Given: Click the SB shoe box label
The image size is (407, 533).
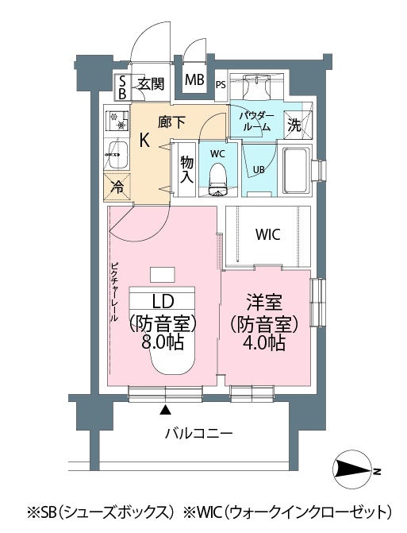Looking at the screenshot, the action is tap(122, 87).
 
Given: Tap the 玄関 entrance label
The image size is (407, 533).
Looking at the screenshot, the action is tap(151, 83).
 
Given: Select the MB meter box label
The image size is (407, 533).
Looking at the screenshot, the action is tap(194, 79).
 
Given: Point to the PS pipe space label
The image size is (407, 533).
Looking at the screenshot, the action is tap(221, 84).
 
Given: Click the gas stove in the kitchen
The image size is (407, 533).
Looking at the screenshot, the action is tap(117, 121).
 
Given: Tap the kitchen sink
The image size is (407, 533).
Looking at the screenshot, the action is tap(117, 155).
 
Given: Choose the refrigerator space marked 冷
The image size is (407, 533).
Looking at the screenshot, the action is tap(117, 187).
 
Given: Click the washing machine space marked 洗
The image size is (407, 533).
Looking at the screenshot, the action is tap(298, 125).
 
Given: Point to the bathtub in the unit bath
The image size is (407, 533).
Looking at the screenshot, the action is tap(297, 170).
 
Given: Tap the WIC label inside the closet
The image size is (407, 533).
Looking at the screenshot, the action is tap(268, 234).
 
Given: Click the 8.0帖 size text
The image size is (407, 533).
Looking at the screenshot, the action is tap(163, 342).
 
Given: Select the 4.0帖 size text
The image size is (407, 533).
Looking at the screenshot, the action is tap(263, 342).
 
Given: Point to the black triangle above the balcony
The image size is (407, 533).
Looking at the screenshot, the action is tap(165, 410).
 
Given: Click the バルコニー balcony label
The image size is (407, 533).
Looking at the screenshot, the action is tap(199, 433).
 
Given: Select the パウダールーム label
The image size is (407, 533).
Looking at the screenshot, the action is tap(256, 122).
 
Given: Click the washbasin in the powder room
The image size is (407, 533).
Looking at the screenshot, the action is tap(256, 87).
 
